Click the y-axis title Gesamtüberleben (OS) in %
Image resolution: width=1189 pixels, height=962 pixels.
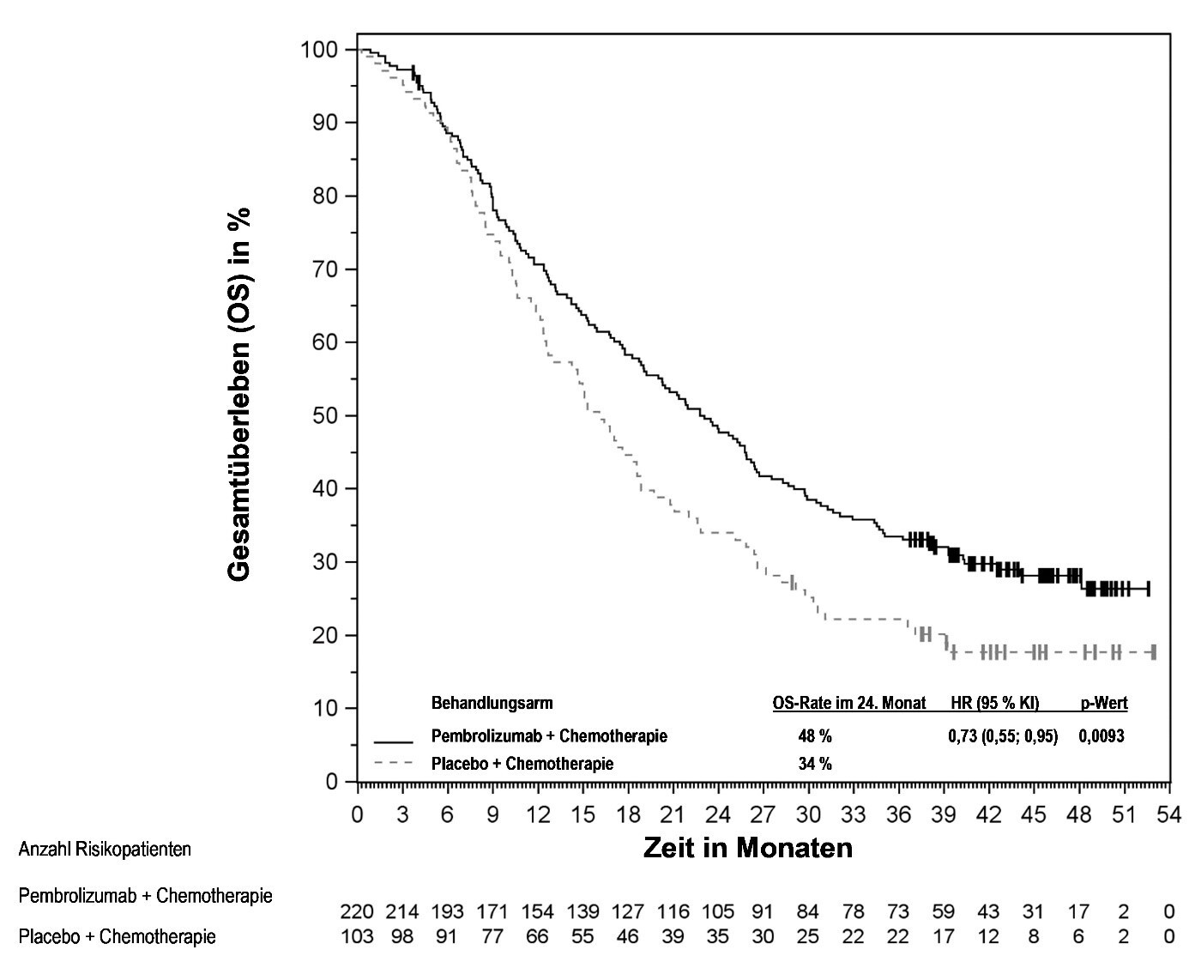(240, 393)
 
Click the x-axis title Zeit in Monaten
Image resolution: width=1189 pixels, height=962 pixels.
(748, 848)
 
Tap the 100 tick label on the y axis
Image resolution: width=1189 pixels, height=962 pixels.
(318, 49)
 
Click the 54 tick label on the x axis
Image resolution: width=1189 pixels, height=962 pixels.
(1168, 814)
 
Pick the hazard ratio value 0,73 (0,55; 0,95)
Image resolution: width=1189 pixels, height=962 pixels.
(1002, 735)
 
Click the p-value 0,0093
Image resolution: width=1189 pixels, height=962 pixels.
(1101, 735)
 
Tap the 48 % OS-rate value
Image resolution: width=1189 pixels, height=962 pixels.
(815, 735)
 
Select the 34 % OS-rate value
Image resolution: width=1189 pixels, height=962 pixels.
(815, 764)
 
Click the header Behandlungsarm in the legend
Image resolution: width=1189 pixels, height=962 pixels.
(492, 704)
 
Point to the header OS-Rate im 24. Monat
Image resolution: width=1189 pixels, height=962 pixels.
(849, 704)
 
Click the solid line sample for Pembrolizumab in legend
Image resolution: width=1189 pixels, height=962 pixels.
(395, 739)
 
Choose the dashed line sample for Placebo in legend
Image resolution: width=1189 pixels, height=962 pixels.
(395, 763)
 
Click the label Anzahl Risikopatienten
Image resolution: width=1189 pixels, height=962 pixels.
(105, 850)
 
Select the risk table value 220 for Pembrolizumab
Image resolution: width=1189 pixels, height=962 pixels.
(357, 911)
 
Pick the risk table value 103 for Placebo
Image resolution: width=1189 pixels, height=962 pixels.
(357, 936)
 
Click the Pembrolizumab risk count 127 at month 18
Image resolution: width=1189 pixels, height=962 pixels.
(627, 911)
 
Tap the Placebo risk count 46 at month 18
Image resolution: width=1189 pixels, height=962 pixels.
(627, 936)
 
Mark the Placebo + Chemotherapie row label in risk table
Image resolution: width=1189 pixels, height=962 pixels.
(117, 936)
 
